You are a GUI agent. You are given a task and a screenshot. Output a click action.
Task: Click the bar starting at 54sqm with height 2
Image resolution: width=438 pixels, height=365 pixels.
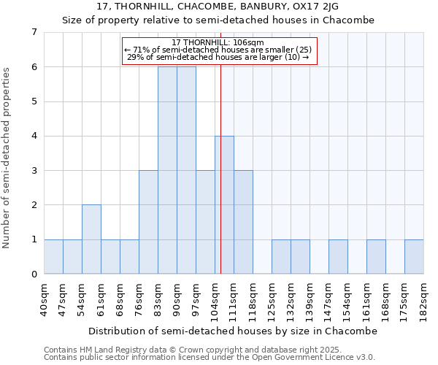(91, 239)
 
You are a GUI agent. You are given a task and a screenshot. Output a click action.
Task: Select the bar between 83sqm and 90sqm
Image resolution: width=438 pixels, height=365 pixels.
(167, 170)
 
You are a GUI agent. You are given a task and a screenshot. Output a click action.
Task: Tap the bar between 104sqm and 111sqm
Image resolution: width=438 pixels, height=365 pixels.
(224, 205)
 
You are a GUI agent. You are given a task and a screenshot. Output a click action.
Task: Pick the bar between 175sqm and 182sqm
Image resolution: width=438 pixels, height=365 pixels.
(414, 257)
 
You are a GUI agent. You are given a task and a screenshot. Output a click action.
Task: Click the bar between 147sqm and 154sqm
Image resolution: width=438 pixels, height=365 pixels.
(338, 257)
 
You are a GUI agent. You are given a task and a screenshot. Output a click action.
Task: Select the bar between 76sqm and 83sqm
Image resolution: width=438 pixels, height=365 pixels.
(148, 222)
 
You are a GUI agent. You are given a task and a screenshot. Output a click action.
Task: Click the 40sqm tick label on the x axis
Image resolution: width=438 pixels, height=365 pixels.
(45, 299)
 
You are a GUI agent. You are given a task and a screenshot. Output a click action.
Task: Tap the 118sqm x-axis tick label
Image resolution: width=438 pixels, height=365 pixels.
(253, 300)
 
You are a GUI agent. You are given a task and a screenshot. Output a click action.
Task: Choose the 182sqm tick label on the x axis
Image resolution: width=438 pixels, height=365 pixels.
(424, 300)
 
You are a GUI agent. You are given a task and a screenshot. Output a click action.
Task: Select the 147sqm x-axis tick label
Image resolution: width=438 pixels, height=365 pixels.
(329, 300)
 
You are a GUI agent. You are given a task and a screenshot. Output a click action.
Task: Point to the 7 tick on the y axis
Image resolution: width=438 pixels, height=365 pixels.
(34, 32)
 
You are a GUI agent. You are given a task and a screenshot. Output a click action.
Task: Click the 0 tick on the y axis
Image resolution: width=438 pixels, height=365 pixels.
(34, 274)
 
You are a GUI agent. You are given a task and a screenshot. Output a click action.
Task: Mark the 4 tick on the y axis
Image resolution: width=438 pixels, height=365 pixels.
(34, 136)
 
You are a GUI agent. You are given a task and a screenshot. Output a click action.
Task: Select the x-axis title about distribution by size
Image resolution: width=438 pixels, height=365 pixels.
(234, 331)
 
